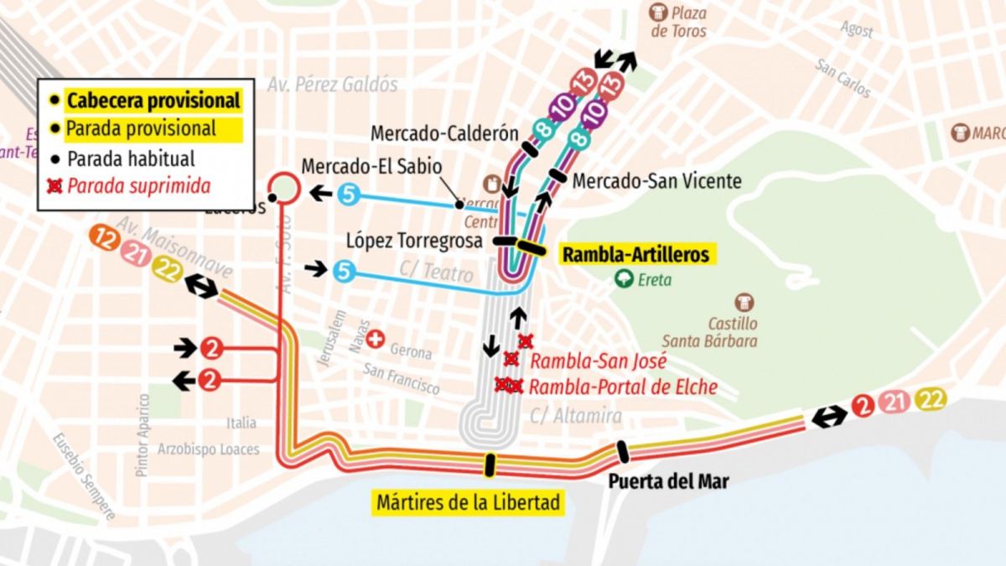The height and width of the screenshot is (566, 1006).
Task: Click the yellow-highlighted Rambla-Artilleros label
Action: click(635, 254)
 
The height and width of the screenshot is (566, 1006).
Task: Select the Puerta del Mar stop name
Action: click(667, 481)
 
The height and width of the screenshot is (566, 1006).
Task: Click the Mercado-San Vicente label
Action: click(656, 180)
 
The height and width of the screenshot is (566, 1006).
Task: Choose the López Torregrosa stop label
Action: click(414, 241)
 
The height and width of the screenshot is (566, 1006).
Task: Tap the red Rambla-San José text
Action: click(599, 362)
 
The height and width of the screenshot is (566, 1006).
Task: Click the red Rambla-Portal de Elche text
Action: click(623, 387)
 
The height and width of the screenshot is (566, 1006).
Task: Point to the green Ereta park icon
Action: click(623, 279)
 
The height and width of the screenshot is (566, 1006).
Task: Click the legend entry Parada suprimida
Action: click(138, 185)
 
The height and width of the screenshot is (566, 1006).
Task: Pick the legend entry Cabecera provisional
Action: click(153, 101)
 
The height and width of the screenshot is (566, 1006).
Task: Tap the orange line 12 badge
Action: click(106, 240)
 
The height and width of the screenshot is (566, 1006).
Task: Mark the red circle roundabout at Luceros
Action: click(284, 188)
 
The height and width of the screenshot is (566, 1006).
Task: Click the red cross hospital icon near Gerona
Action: click(376, 339)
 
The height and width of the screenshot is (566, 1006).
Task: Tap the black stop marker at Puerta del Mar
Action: click(622, 452)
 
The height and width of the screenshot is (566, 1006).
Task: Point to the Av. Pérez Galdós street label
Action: click(333, 85)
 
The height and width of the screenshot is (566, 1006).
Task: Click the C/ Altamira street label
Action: click(576, 416)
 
